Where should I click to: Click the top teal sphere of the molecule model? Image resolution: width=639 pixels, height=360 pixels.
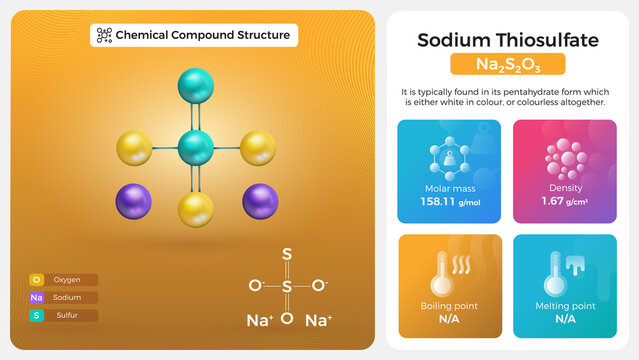click(197, 85)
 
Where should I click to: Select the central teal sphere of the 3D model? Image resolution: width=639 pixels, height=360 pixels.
click(196, 148)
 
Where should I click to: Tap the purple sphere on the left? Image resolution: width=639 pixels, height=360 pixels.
click(135, 201)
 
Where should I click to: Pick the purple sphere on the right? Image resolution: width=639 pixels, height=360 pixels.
click(260, 201)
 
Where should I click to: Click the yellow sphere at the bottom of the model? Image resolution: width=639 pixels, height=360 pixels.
click(197, 211)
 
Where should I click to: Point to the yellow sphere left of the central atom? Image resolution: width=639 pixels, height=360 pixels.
click(135, 148)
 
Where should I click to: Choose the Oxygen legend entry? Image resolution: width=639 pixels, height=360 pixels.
click(63, 280)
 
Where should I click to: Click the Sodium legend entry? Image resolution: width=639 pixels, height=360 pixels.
click(63, 297)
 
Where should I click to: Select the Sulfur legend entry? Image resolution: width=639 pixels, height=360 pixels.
click(63, 315)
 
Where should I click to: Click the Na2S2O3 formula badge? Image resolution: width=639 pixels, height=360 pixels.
click(507, 65)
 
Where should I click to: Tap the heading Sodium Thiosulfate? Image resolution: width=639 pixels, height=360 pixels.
click(507, 40)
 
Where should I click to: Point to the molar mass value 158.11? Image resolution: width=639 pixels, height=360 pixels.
click(441, 201)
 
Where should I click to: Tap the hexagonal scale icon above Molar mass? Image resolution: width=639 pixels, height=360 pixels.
click(449, 158)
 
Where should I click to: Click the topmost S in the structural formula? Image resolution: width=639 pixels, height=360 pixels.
click(287, 255)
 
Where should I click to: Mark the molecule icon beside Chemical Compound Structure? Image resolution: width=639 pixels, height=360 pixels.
click(103, 35)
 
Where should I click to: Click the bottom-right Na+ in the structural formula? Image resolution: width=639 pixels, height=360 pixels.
click(318, 321)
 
